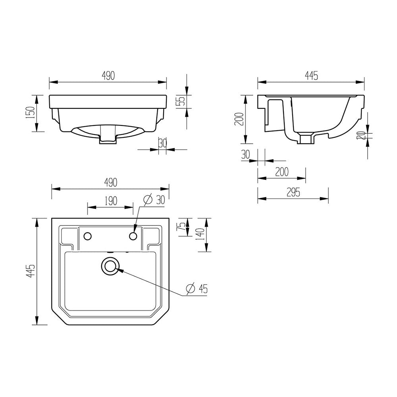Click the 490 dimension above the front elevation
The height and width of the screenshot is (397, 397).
(108, 76)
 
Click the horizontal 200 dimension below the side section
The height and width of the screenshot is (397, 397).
(281, 172)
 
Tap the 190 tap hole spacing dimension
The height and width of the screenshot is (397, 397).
(111, 201)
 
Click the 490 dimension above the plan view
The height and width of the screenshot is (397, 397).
(111, 182)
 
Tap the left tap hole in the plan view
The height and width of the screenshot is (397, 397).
(88, 237)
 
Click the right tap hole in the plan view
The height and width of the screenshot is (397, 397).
(134, 237)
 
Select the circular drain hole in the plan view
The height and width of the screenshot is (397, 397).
(110, 266)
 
